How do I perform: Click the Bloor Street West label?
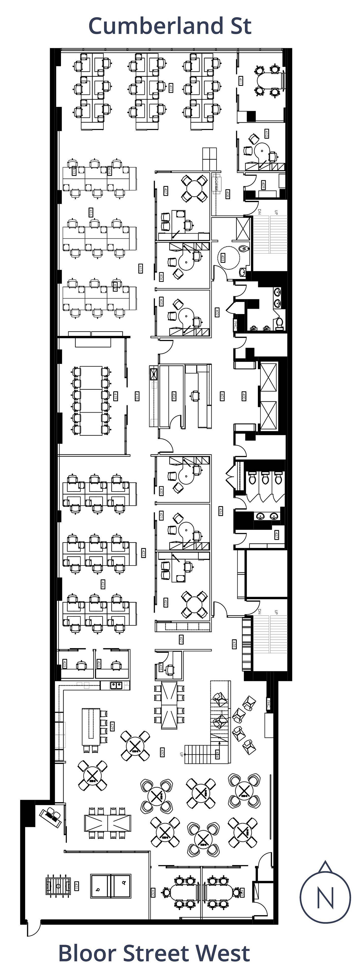pos(154,953)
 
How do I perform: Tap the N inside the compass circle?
pos(325,897)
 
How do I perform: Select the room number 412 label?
pos(171,88)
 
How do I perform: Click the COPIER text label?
pos(217,184)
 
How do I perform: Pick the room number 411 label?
pos(240,81)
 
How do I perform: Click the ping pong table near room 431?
pos(111,886)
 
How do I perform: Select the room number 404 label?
pos(174,396)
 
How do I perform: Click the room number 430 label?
pos(162,752)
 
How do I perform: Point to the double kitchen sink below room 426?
pos(116,685)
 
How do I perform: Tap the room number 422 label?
pos(165,603)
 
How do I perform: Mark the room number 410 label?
pos(267,134)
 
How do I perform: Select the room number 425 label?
pos(65,663)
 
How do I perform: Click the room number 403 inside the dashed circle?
pos(223,258)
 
